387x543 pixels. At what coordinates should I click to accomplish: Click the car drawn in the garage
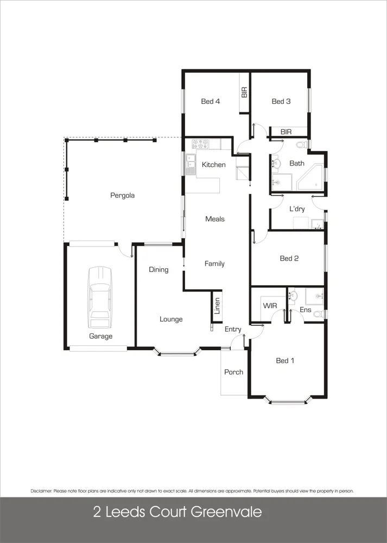[x=101, y=296]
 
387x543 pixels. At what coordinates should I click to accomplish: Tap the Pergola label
[x=122, y=195]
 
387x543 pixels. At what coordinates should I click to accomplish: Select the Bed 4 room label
[x=211, y=102]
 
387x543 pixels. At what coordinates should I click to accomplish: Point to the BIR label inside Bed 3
[x=286, y=132]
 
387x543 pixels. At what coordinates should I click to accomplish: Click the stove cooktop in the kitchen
[x=201, y=144]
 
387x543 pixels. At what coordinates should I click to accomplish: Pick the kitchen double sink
[x=190, y=163]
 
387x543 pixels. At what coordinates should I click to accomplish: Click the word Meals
[x=215, y=219]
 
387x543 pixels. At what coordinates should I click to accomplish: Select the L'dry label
[x=297, y=209]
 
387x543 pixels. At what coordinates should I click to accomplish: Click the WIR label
[x=270, y=306]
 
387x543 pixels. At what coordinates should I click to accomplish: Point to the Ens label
[x=305, y=310]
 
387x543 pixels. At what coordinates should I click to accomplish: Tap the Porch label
[x=233, y=372]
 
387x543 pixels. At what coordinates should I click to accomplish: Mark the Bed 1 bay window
[x=288, y=402]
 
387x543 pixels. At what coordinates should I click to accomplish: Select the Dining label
[x=158, y=270]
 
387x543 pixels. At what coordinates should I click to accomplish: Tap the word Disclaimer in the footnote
[x=41, y=491]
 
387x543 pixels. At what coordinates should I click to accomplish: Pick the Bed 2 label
[x=289, y=259]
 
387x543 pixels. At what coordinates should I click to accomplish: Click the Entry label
[x=233, y=330]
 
